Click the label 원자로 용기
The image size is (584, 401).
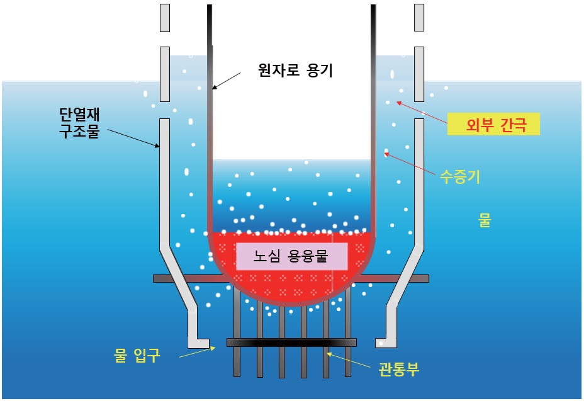(x=295, y=70)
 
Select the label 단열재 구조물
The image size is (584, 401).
(x=79, y=123)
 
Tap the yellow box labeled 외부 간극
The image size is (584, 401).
(x=493, y=124)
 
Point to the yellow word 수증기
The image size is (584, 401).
(x=460, y=176)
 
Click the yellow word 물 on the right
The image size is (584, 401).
(x=485, y=220)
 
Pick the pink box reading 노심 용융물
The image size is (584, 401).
(x=291, y=256)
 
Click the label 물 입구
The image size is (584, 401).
(x=137, y=355)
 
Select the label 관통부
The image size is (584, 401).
(x=399, y=369)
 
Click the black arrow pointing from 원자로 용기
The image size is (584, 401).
(x=227, y=81)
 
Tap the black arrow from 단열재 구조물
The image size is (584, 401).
(x=133, y=138)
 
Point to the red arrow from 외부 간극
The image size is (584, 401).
(x=422, y=112)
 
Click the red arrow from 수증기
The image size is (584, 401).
(x=410, y=163)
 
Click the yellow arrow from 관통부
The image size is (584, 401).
(x=348, y=360)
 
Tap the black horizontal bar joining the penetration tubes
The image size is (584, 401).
(x=291, y=342)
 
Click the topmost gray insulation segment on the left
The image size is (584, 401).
(x=165, y=18)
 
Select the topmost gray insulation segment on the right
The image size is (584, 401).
(x=419, y=18)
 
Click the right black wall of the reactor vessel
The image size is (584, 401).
(x=373, y=119)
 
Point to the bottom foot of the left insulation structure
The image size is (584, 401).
(x=198, y=342)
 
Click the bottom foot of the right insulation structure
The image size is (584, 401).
(x=386, y=342)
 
